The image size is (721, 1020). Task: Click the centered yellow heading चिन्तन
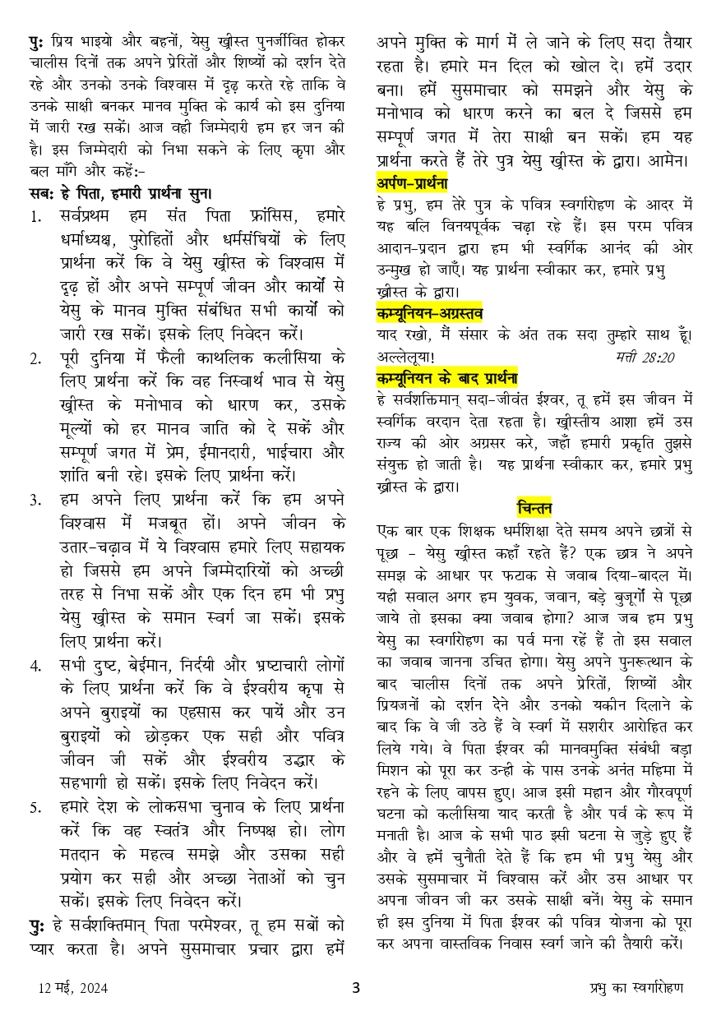click(534, 507)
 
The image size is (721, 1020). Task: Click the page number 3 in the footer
click(356, 988)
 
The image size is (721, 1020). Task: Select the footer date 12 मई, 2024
click(72, 988)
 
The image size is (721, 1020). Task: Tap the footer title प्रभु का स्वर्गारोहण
click(637, 988)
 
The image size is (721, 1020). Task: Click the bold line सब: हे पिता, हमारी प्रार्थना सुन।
click(120, 194)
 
